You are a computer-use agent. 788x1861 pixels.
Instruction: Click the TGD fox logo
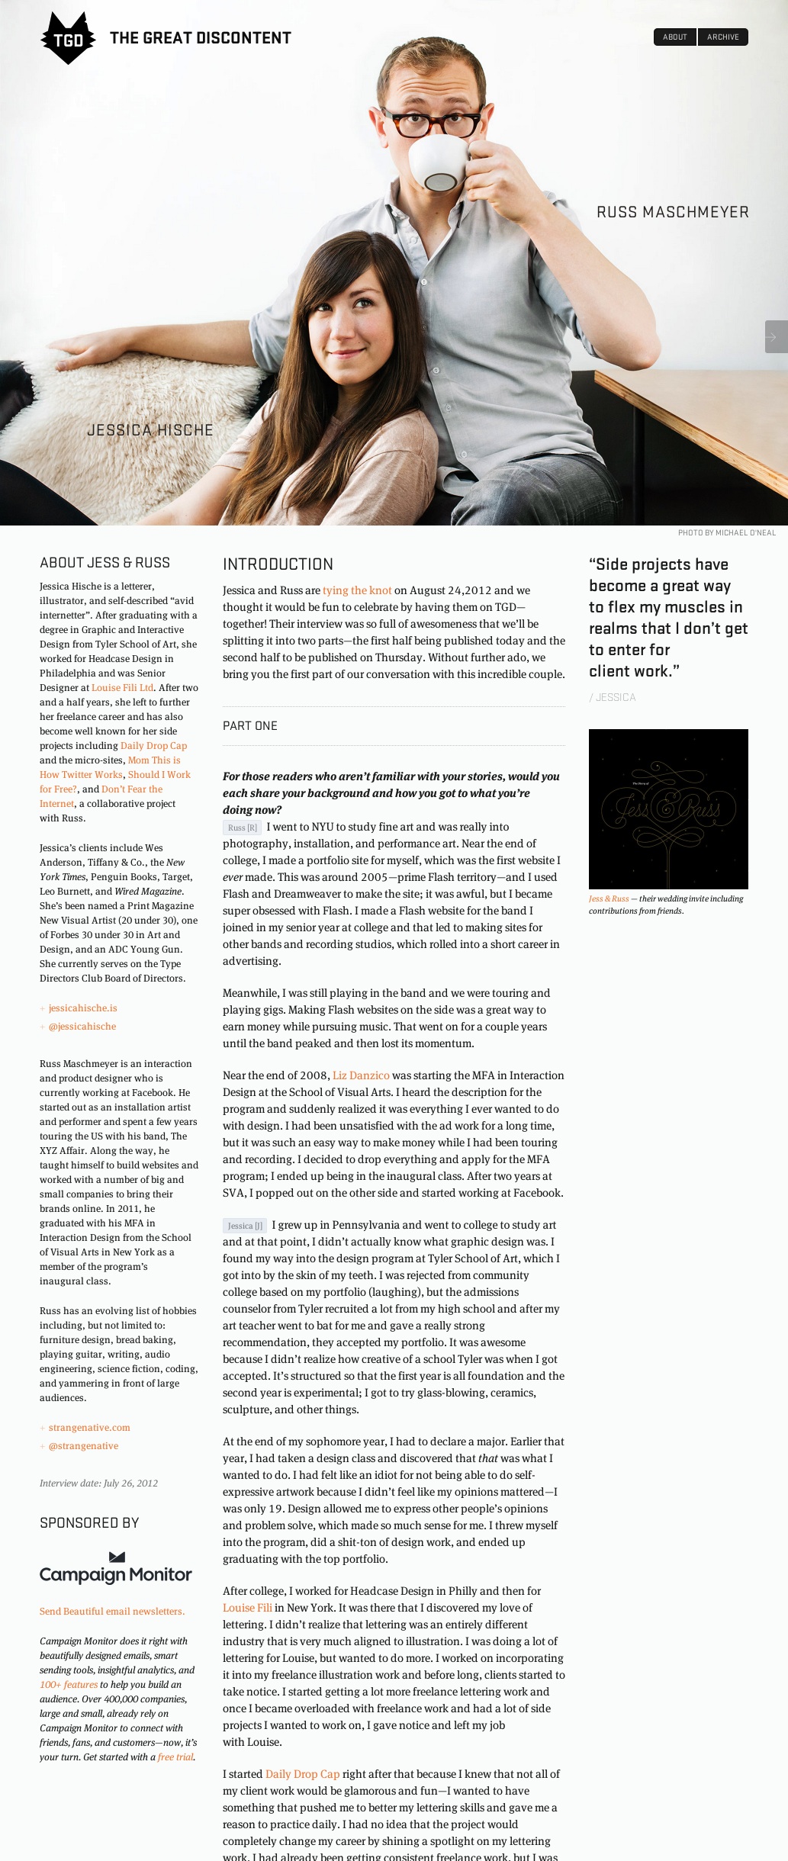[68, 38]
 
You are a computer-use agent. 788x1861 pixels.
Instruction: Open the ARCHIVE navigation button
[722, 37]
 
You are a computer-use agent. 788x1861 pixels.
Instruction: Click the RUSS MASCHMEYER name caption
[672, 212]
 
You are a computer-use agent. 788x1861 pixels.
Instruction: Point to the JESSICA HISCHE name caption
[150, 430]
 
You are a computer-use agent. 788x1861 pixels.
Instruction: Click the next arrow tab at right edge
[775, 336]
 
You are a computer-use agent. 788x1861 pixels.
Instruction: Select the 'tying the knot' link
[357, 590]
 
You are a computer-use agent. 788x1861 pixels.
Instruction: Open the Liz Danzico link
[361, 1075]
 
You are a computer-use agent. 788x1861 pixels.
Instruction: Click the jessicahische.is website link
[82, 1008]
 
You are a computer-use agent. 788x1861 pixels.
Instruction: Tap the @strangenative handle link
[83, 1446]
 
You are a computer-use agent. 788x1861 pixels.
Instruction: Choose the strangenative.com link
[89, 1428]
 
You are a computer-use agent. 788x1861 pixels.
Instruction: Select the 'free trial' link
[175, 1757]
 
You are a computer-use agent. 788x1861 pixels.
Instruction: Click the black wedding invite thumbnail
[668, 808]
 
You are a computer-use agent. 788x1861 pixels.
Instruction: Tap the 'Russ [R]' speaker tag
[243, 828]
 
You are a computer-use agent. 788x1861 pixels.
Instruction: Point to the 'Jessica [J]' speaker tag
[245, 1226]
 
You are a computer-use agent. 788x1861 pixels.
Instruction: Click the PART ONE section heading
[250, 726]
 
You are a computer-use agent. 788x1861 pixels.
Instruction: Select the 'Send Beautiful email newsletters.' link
[112, 1612]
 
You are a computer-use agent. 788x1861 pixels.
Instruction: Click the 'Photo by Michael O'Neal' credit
[726, 533]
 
